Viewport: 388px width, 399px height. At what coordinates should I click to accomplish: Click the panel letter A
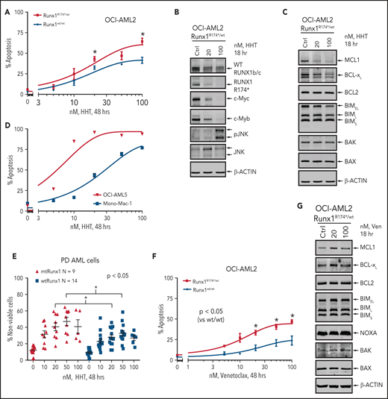[x=5, y=6]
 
